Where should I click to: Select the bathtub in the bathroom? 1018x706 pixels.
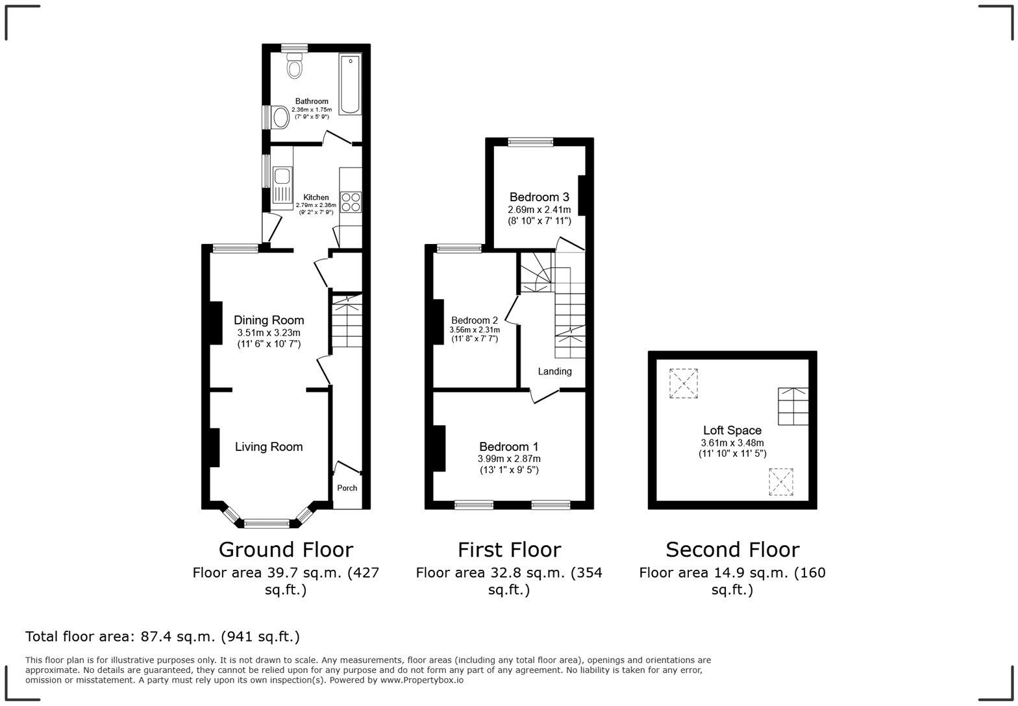click(349, 84)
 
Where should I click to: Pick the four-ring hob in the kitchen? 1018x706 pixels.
click(351, 202)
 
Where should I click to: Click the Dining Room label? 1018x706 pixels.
click(269, 320)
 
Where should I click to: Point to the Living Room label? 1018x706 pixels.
click(269, 446)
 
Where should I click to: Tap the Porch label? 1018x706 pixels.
click(347, 488)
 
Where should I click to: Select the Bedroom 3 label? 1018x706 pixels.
click(539, 197)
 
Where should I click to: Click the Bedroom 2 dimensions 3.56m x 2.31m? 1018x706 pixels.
click(475, 330)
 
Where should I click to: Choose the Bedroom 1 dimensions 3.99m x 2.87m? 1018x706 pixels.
click(509, 459)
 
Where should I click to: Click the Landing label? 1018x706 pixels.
click(554, 371)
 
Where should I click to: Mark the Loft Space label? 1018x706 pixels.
click(732, 430)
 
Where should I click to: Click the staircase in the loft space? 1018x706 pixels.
click(793, 406)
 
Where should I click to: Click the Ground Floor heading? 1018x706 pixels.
click(286, 550)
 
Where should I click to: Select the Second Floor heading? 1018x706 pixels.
click(732, 550)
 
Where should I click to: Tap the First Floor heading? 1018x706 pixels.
click(509, 550)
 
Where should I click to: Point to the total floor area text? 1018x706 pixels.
click(162, 637)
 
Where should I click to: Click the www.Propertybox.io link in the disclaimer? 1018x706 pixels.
click(421, 680)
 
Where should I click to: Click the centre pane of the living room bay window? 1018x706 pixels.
click(266, 523)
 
